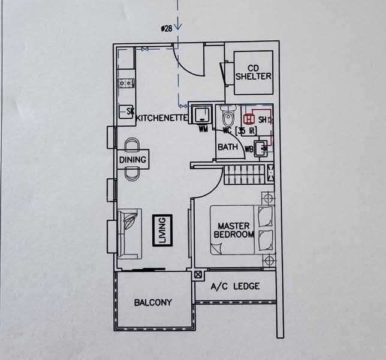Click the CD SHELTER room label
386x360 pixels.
[253, 72]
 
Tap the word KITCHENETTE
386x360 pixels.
[162, 118]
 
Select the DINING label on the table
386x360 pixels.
[132, 160]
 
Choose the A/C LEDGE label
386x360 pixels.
[236, 286]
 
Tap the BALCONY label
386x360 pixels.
[152, 302]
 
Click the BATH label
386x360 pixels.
[227, 147]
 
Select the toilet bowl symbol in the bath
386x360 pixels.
[227, 115]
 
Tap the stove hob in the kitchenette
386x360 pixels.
[126, 83]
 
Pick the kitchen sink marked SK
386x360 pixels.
[126, 111]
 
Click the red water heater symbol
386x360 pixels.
[249, 118]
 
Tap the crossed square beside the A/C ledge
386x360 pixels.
[198, 274]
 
